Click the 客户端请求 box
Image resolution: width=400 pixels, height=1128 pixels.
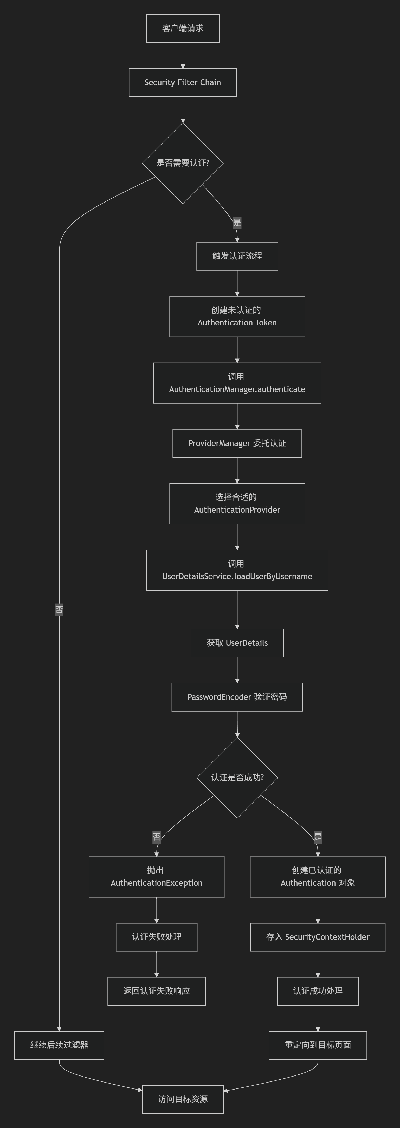click(183, 28)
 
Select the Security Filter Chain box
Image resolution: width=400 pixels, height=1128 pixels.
click(183, 82)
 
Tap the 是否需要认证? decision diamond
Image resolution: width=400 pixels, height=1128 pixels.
click(183, 163)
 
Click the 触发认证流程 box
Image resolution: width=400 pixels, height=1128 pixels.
click(237, 256)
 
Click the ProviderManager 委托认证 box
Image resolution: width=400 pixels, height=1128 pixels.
click(237, 443)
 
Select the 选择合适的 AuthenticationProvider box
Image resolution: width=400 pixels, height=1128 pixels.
click(237, 504)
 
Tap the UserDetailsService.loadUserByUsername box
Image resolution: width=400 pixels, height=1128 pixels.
click(237, 570)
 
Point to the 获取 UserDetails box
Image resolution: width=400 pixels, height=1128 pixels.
click(237, 643)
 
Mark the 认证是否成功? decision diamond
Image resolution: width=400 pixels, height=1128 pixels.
click(237, 777)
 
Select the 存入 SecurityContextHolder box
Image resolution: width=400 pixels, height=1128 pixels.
click(318, 937)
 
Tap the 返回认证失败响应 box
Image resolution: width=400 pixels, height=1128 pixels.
click(156, 991)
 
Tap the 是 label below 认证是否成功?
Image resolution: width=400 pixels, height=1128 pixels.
click(318, 837)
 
